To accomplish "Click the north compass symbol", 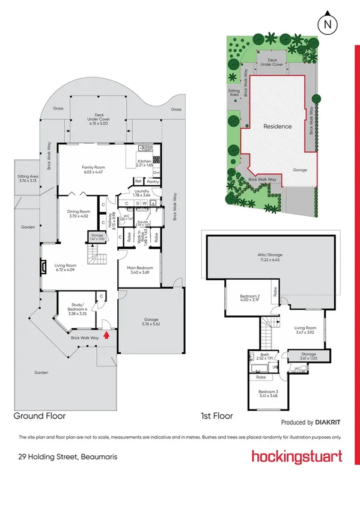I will (327, 23).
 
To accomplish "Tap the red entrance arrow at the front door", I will (106, 334).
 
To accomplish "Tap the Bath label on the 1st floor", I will (265, 356).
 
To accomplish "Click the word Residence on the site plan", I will (277, 126).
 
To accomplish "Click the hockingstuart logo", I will (297, 456).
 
